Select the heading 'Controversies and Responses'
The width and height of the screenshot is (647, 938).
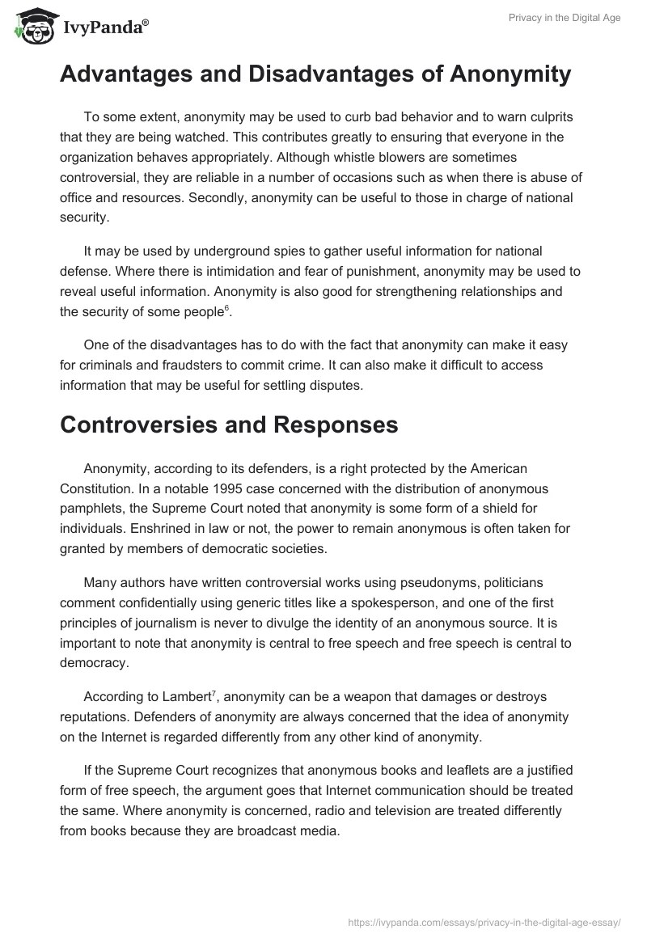229,425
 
